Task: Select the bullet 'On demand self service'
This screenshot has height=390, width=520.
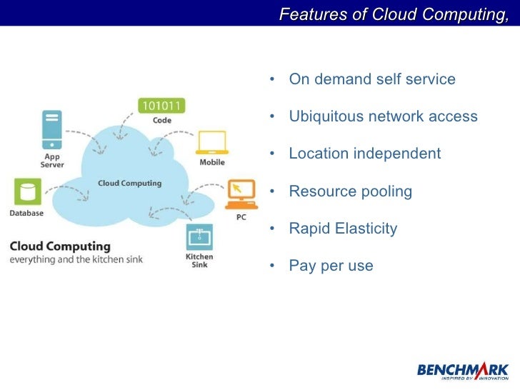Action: click(371, 79)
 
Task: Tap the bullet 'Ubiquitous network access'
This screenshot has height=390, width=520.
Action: click(383, 116)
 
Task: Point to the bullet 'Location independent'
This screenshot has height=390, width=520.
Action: click(364, 154)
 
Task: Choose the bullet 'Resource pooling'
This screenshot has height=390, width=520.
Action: click(350, 191)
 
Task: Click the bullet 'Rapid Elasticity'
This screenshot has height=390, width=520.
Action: click(342, 229)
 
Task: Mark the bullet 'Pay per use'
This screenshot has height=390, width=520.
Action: click(331, 266)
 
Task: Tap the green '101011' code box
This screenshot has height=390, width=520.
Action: click(162, 106)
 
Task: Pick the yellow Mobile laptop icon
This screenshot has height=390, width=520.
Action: click(211, 143)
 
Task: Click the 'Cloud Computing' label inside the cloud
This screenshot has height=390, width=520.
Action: click(129, 183)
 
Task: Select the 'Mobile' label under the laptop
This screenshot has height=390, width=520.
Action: click(212, 161)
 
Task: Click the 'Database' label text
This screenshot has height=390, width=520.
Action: click(26, 213)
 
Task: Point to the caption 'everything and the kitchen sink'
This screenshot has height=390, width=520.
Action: click(76, 259)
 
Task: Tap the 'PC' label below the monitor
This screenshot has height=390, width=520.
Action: click(241, 217)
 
